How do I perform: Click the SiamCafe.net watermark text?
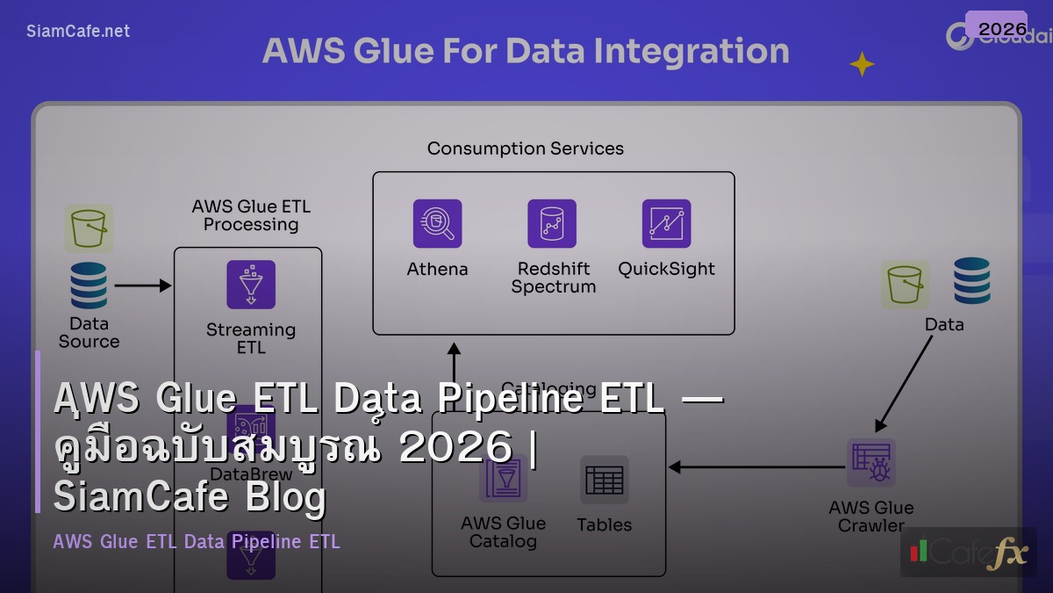click(78, 32)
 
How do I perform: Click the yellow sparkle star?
click(862, 64)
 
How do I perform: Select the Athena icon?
click(437, 223)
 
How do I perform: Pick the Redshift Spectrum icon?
click(552, 223)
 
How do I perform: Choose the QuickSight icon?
click(666, 223)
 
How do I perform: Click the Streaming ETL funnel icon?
click(251, 285)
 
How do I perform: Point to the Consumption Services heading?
click(525, 148)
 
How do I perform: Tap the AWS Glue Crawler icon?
click(870, 462)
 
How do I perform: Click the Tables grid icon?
click(604, 480)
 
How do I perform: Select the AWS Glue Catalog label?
click(503, 532)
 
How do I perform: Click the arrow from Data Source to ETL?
click(142, 286)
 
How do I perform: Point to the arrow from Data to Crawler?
click(904, 383)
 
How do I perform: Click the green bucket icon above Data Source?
click(89, 228)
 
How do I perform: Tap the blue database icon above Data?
click(971, 281)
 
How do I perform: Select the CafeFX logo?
click(968, 553)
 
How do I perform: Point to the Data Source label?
click(89, 332)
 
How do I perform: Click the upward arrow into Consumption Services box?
click(453, 361)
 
